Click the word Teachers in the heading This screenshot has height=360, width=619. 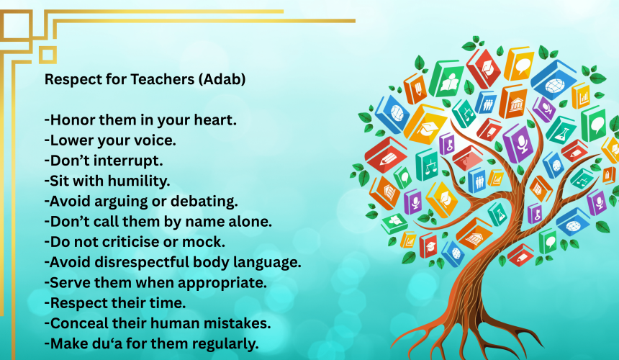162,79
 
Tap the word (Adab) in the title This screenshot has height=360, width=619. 222,80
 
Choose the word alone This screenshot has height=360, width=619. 250,222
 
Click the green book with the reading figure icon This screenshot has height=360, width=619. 446,79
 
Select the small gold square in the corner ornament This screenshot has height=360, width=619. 48,55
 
